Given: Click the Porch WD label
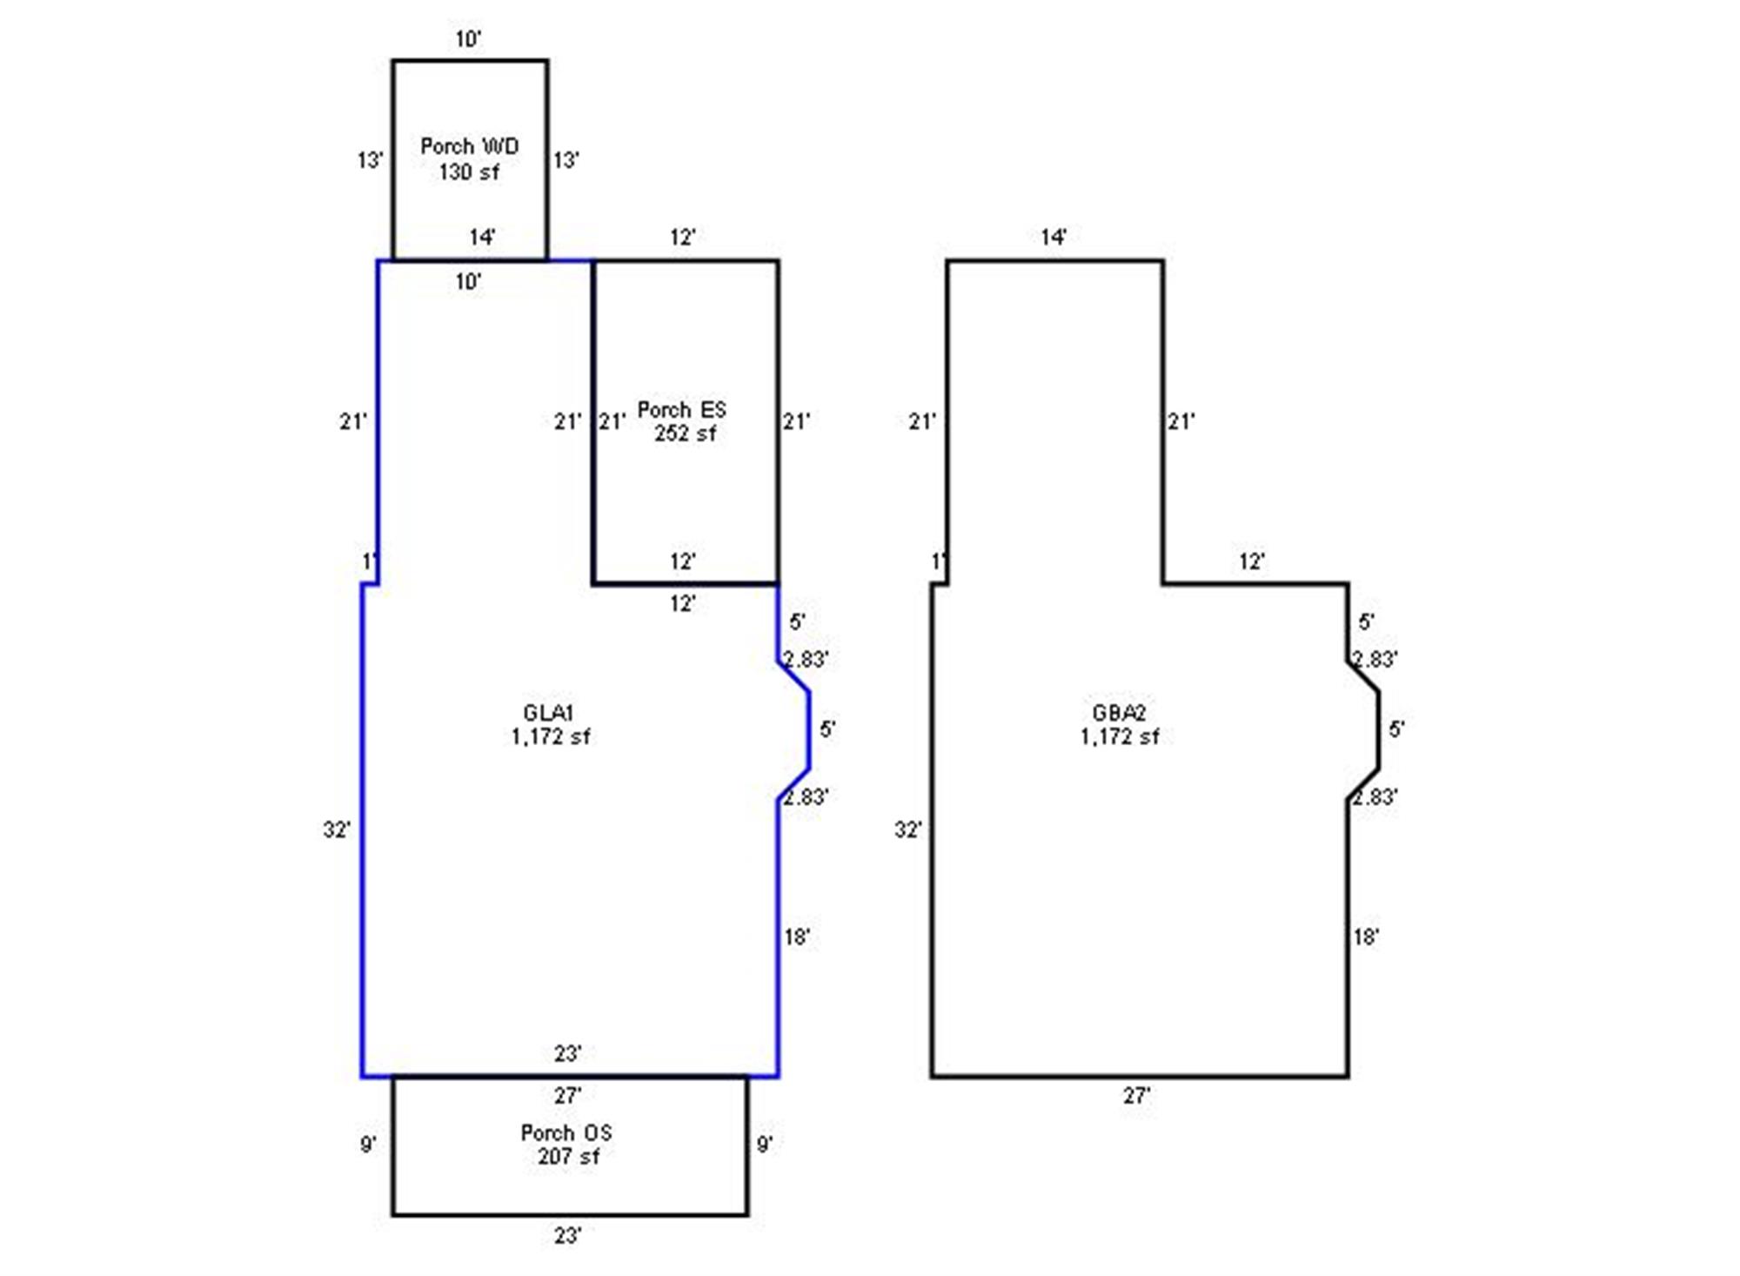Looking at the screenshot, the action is click(x=469, y=146).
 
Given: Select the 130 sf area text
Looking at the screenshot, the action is click(x=469, y=171).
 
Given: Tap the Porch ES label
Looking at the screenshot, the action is click(x=681, y=410).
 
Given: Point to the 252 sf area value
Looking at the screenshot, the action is click(x=685, y=433).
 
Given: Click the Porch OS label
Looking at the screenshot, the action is click(x=566, y=1132).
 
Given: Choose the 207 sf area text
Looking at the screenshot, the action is click(x=568, y=1156).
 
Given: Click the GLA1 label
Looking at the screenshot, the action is click(x=548, y=713).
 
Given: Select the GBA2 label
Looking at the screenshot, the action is click(x=1119, y=713).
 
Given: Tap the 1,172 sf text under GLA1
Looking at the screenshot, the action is click(x=551, y=737).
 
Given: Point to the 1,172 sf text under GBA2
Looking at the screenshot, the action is click(x=1120, y=737).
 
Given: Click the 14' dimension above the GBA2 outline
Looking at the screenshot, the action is click(x=1054, y=237).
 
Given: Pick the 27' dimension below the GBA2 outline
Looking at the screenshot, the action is click(x=1136, y=1096).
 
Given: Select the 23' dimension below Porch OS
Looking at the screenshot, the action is click(x=567, y=1235).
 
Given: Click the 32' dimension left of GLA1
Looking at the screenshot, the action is click(x=337, y=829).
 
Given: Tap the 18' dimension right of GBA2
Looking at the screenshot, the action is click(x=1366, y=937).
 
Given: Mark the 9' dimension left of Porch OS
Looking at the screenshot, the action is click(x=369, y=1144).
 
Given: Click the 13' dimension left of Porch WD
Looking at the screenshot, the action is click(x=371, y=160).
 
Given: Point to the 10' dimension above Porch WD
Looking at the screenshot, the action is click(x=468, y=39).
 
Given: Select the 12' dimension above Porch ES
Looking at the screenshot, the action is click(x=683, y=237).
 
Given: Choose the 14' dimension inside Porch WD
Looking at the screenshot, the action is click(x=482, y=237).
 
